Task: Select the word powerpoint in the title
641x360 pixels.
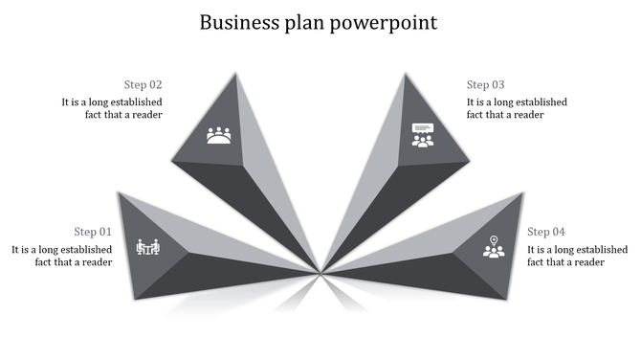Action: click(385, 23)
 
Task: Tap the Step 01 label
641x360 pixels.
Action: click(93, 232)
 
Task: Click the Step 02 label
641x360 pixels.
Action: click(143, 84)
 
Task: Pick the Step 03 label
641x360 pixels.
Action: click(486, 84)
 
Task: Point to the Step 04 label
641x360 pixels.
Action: click(546, 232)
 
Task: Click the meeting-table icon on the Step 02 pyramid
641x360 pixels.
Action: click(219, 136)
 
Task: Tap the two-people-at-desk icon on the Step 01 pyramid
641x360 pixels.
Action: click(148, 247)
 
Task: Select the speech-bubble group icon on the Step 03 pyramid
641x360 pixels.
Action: click(422, 135)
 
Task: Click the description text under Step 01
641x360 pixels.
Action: click(62, 256)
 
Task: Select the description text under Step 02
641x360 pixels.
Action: click(112, 108)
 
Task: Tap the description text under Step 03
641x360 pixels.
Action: click(517, 108)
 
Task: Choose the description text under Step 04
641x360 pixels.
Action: click(577, 256)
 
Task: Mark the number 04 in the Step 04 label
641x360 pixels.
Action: click(558, 232)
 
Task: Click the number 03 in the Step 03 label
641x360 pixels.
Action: click(497, 84)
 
